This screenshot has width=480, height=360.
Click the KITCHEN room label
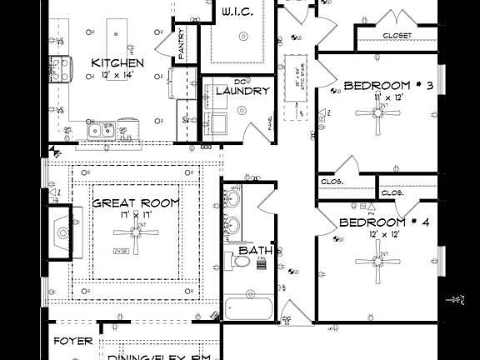click(x=117, y=63)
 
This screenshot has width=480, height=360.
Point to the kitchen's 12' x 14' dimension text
click(x=117, y=75)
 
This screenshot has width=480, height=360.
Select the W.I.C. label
click(x=243, y=12)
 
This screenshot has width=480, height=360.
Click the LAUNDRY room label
click(x=242, y=91)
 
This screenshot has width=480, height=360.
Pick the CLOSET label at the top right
click(x=397, y=35)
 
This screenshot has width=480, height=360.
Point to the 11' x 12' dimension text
click(x=388, y=98)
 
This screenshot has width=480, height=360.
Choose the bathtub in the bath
click(x=248, y=308)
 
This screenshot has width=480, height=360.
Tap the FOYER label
click(x=72, y=342)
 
